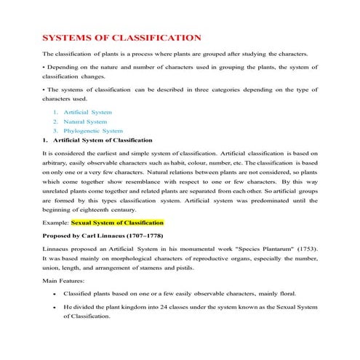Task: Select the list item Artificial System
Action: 87,113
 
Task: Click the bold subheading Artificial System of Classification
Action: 103,140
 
